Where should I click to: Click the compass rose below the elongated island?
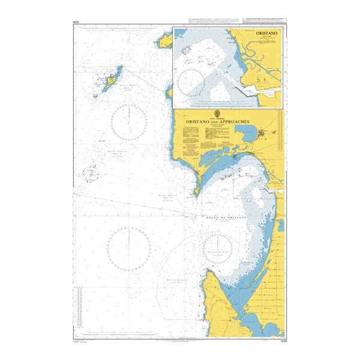click(129, 119)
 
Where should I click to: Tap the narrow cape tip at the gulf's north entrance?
click(196, 192)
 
